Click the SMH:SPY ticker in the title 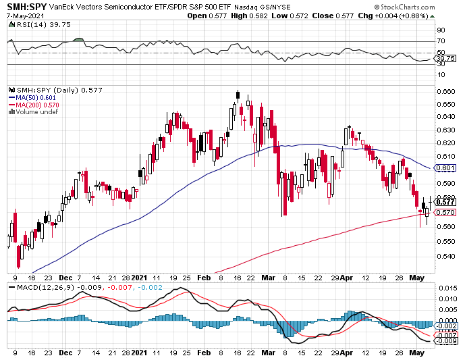27,6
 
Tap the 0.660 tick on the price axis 445,91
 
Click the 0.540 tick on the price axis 445,256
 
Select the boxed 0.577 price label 445,201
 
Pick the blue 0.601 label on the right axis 445,168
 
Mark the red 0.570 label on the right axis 445,211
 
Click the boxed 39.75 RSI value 445,58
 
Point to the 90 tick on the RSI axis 441,30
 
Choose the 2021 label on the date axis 140,278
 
